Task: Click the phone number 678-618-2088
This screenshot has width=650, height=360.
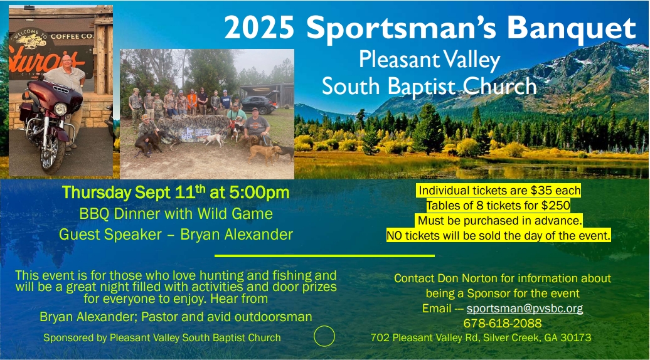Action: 502,324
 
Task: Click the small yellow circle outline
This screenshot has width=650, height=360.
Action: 324,337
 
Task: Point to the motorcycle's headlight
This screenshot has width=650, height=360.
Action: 61,109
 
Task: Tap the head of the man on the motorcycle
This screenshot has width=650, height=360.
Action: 67,62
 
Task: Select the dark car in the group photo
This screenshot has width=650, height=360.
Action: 257,103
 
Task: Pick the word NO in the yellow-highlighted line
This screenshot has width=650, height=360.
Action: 395,236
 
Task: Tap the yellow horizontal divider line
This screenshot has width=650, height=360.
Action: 324,256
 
